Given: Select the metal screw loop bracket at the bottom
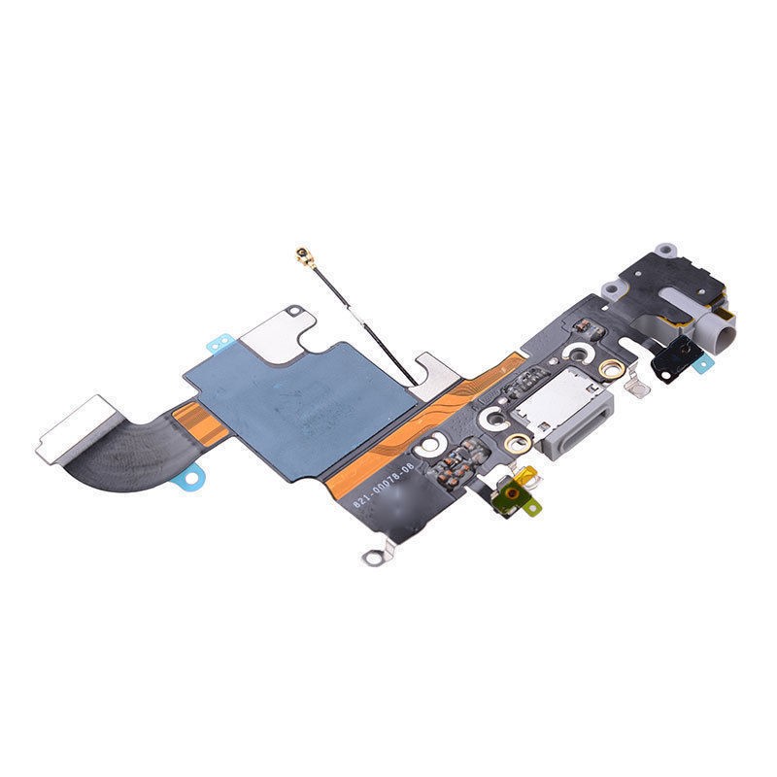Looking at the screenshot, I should pos(371,558).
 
